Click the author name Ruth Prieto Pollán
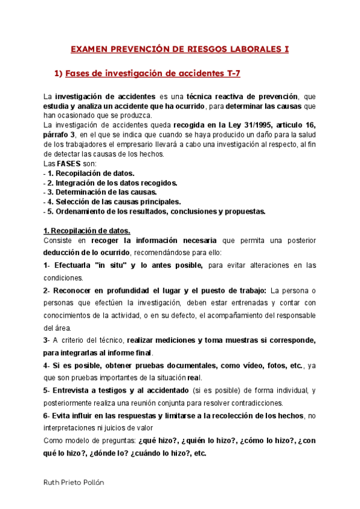76,483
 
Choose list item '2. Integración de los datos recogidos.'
113,182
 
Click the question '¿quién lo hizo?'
196,441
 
